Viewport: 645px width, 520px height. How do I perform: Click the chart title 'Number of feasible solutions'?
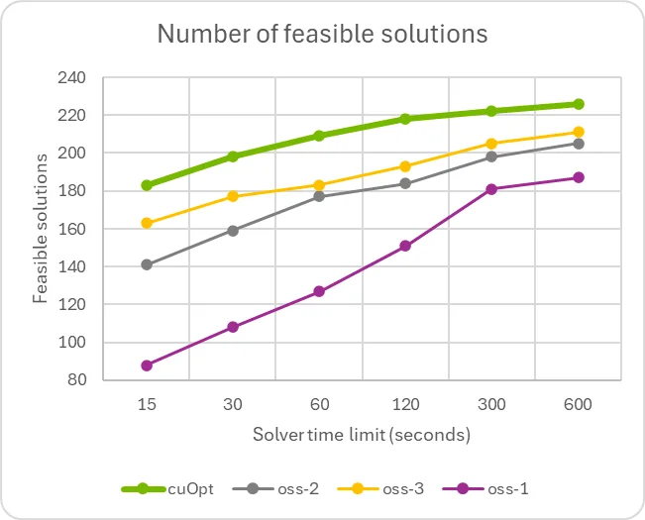[323, 34]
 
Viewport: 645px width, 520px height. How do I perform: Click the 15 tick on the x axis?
[147, 405]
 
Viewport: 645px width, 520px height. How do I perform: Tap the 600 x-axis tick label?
[579, 405]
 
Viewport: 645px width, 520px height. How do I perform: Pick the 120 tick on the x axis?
[405, 405]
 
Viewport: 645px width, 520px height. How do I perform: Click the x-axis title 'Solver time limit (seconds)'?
[361, 435]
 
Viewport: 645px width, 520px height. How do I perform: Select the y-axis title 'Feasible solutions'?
[41, 229]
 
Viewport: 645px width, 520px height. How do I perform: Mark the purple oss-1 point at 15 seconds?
[147, 365]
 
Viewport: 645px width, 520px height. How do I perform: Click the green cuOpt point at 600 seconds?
[579, 104]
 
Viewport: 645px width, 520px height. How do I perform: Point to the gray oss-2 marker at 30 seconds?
[233, 231]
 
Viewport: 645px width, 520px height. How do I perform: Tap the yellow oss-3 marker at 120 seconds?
[405, 166]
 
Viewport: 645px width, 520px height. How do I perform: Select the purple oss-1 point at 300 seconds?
[492, 189]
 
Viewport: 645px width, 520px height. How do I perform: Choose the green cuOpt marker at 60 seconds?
[319, 136]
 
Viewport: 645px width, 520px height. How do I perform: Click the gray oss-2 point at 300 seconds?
[492, 156]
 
